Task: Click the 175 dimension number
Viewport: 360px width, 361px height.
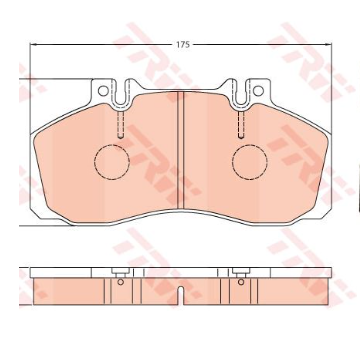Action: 183,45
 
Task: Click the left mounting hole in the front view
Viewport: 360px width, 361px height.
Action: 103,91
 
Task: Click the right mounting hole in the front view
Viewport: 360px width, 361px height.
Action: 258,91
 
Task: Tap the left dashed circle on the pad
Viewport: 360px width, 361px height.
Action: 112,162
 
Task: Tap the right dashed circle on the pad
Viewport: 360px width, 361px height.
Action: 250,162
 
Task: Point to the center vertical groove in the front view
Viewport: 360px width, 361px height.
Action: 180,149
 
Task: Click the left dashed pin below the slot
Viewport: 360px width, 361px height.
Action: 121,124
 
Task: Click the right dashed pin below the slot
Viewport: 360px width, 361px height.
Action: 241,124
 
